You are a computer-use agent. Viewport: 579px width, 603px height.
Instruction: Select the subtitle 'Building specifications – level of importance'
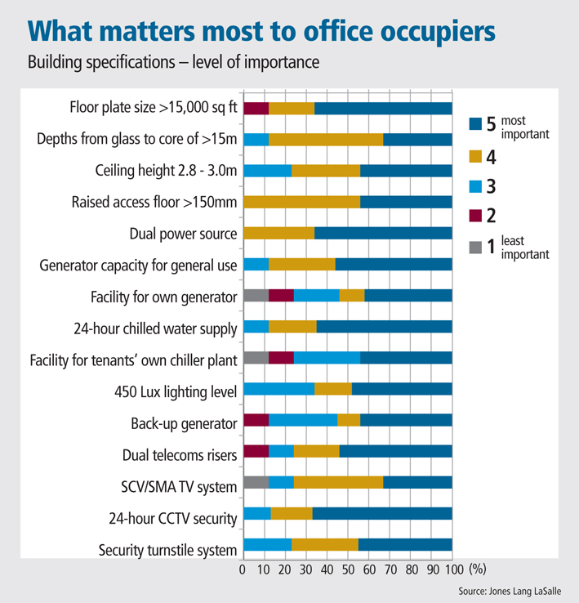[173, 62]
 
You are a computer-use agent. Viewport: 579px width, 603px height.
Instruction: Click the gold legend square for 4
[475, 156]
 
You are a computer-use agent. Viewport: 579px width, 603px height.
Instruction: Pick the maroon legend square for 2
[475, 217]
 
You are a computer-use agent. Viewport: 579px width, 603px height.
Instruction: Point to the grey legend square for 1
[475, 247]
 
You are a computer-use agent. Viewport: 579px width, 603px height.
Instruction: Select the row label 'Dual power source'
[183, 234]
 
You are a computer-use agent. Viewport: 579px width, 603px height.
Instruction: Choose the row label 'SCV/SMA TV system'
[180, 487]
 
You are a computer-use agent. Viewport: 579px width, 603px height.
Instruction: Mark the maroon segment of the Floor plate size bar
[256, 109]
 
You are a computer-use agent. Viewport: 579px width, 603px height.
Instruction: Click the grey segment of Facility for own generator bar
[256, 296]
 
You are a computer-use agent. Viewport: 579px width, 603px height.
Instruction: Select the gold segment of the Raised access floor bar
[301, 202]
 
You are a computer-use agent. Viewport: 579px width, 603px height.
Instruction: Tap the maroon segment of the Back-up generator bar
[256, 420]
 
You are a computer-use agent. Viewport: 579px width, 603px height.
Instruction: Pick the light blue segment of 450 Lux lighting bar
[279, 389]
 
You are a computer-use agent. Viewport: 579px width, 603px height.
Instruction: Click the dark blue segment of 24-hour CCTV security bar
[382, 514]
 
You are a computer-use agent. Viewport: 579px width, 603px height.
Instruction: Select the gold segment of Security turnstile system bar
[325, 545]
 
